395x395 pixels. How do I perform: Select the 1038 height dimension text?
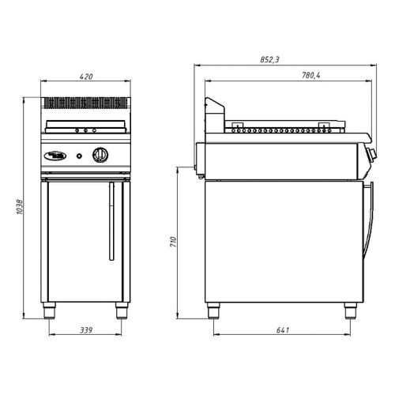pos(17,208)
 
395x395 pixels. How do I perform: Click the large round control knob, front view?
pos(100,155)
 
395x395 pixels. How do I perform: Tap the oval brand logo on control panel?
pos(56,156)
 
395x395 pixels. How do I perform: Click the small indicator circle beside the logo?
pos(80,156)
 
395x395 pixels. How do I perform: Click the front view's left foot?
pos(53,310)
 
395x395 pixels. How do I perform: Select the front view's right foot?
pos(122,310)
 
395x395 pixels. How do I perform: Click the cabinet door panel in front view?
pos(79,241)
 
